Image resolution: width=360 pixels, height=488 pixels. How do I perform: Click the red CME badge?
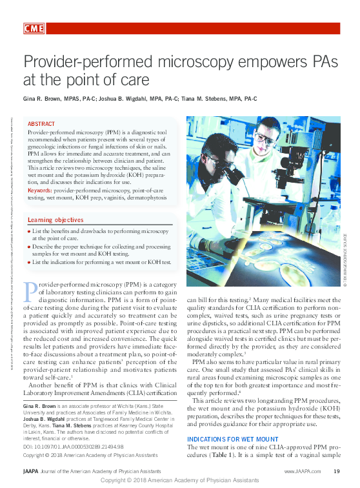[33, 28]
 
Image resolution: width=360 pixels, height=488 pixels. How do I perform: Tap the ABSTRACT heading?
[41, 123]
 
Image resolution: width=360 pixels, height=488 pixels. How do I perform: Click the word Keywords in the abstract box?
[39, 190]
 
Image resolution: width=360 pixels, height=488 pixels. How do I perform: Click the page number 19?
[337, 473]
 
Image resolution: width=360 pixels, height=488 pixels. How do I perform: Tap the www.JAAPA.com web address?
[299, 473]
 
